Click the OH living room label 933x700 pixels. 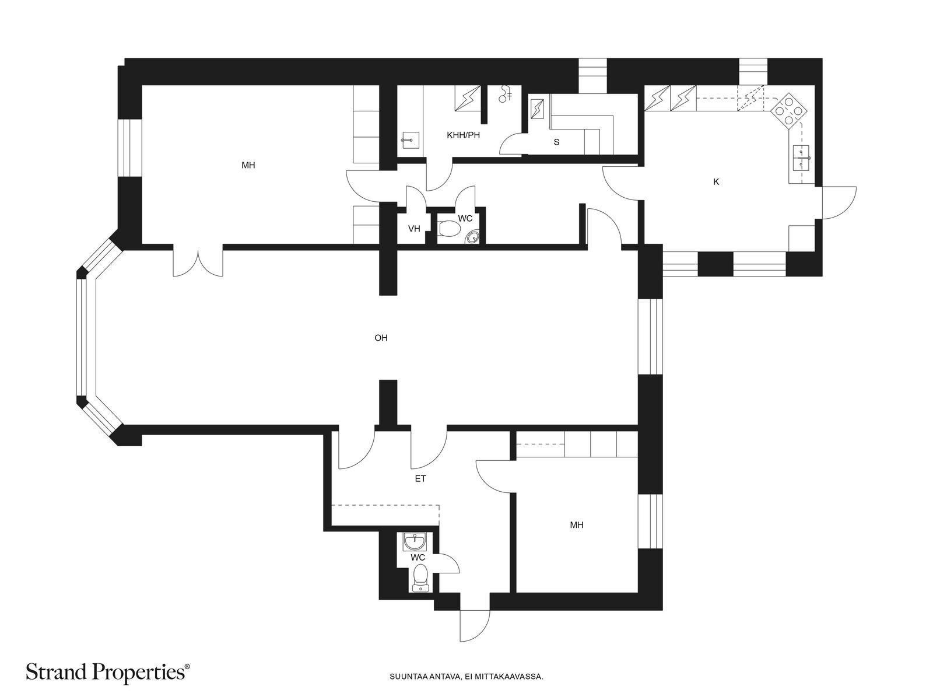381,338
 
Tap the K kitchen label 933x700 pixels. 716,182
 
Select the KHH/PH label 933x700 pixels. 464,135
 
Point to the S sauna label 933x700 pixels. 556,142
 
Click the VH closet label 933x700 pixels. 414,229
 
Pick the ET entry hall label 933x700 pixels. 420,479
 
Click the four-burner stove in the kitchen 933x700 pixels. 788,111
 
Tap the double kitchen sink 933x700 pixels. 801,157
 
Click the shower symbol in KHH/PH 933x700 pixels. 505,93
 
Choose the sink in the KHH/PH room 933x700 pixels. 410,140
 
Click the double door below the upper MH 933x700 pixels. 198,261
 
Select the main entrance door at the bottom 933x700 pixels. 475,626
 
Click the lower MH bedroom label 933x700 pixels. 576,526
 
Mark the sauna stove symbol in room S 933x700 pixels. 538,109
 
